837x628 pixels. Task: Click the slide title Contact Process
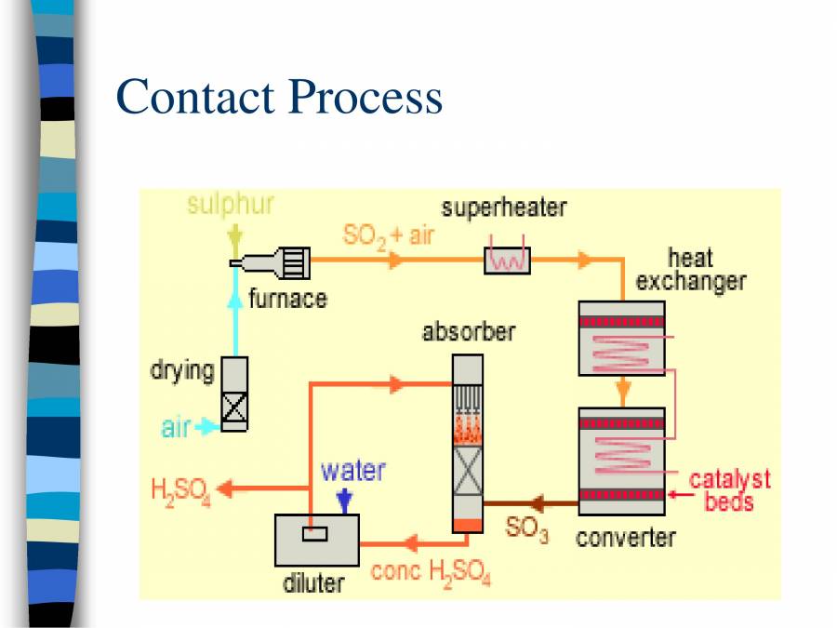[x=279, y=97]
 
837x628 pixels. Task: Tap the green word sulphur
[x=231, y=205]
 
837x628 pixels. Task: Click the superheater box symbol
[x=507, y=260]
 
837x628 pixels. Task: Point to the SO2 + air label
[x=388, y=234]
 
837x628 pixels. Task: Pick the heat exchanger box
[x=621, y=338]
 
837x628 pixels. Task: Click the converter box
[x=621, y=461]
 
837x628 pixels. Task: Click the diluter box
[x=316, y=540]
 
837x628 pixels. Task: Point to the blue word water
[x=352, y=470]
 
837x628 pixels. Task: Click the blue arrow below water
[x=346, y=501]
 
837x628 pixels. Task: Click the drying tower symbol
[x=234, y=394]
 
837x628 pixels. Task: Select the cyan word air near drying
[x=176, y=428]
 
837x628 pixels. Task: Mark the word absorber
[x=468, y=331]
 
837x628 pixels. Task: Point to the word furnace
[x=287, y=299]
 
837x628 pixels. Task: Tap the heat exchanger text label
[x=690, y=269]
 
